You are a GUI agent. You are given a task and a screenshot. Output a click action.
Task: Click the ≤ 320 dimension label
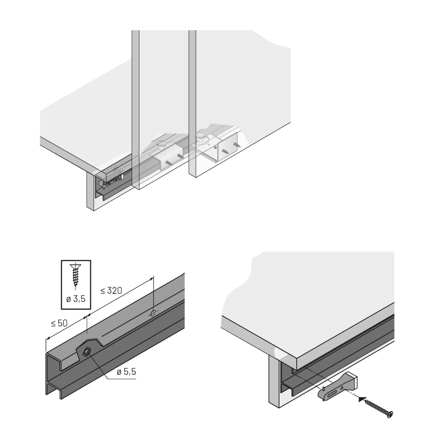coord(111,291)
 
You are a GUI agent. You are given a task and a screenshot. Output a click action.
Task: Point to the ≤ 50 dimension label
coord(59,323)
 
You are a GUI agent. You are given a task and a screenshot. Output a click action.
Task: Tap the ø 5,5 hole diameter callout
coord(127,372)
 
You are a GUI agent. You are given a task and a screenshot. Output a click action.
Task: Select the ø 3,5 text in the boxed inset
coord(76,299)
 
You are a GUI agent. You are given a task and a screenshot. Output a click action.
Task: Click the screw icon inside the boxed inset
coord(76,275)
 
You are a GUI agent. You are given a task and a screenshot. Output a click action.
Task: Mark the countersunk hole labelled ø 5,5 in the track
coord(87,352)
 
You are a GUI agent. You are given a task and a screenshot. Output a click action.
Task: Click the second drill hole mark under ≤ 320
coord(153,313)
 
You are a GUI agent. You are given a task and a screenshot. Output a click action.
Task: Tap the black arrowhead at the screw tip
coord(362,399)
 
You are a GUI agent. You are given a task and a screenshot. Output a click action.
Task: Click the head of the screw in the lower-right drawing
coord(390,414)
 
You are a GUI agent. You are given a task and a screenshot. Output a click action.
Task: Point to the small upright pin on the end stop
coord(323,389)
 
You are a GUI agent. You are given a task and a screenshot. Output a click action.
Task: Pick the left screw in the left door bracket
coord(169,162)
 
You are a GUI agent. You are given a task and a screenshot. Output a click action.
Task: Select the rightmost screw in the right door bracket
coord(237,145)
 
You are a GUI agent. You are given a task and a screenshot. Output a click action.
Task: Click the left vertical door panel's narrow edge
coord(136,109)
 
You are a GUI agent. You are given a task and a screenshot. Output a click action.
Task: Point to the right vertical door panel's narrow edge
coord(192,103)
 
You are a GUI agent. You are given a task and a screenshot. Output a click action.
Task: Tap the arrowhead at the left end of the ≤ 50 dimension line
coord(48,339)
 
